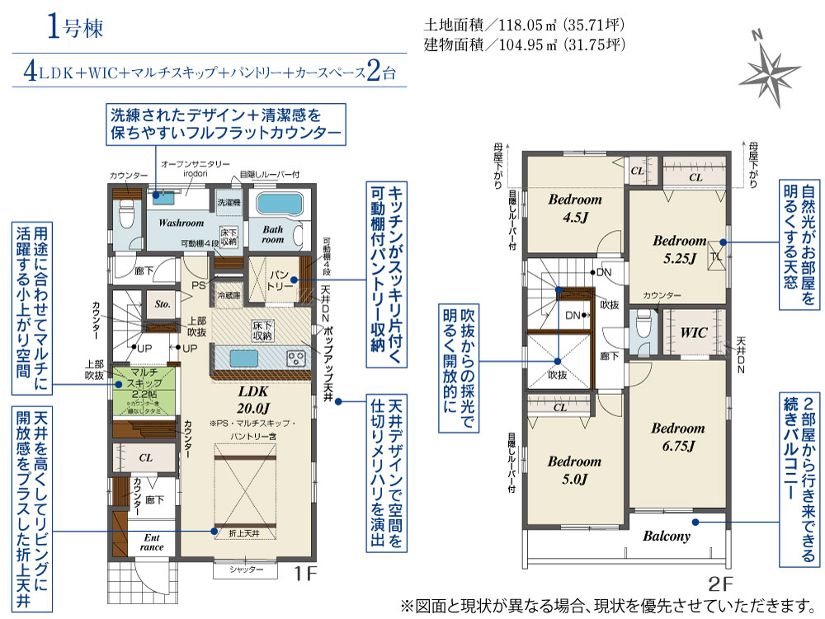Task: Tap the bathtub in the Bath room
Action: coord(280,204)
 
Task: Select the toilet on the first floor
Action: coord(126,216)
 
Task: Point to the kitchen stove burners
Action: coord(295,359)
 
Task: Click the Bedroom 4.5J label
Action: coord(576,209)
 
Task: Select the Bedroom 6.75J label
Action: coord(677,437)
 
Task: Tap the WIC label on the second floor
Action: coord(695,333)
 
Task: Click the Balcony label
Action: coord(666,536)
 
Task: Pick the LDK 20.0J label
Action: coord(255,399)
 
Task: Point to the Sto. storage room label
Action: coord(163,304)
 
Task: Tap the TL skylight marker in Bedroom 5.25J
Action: coord(716,256)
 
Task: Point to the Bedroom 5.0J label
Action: coord(574,470)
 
